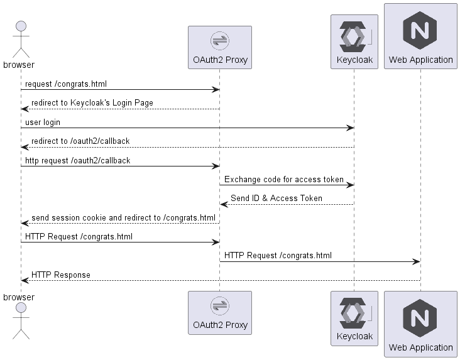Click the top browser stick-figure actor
coord(21,39)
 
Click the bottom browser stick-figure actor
coord(21,320)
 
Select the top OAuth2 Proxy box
coord(219,47)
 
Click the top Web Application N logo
coord(420,30)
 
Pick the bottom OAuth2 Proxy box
coord(219,312)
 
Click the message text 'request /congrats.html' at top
coord(61,84)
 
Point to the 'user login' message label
coord(43,122)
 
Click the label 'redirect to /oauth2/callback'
coord(80,141)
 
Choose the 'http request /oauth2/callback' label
coord(78,160)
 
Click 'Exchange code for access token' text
coord(284,179)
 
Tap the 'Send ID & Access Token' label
coord(277,199)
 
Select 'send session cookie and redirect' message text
coord(123,217)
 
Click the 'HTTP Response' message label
coord(61,275)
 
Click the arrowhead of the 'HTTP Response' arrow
coord(25,281)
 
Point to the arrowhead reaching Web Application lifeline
coord(417,261)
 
